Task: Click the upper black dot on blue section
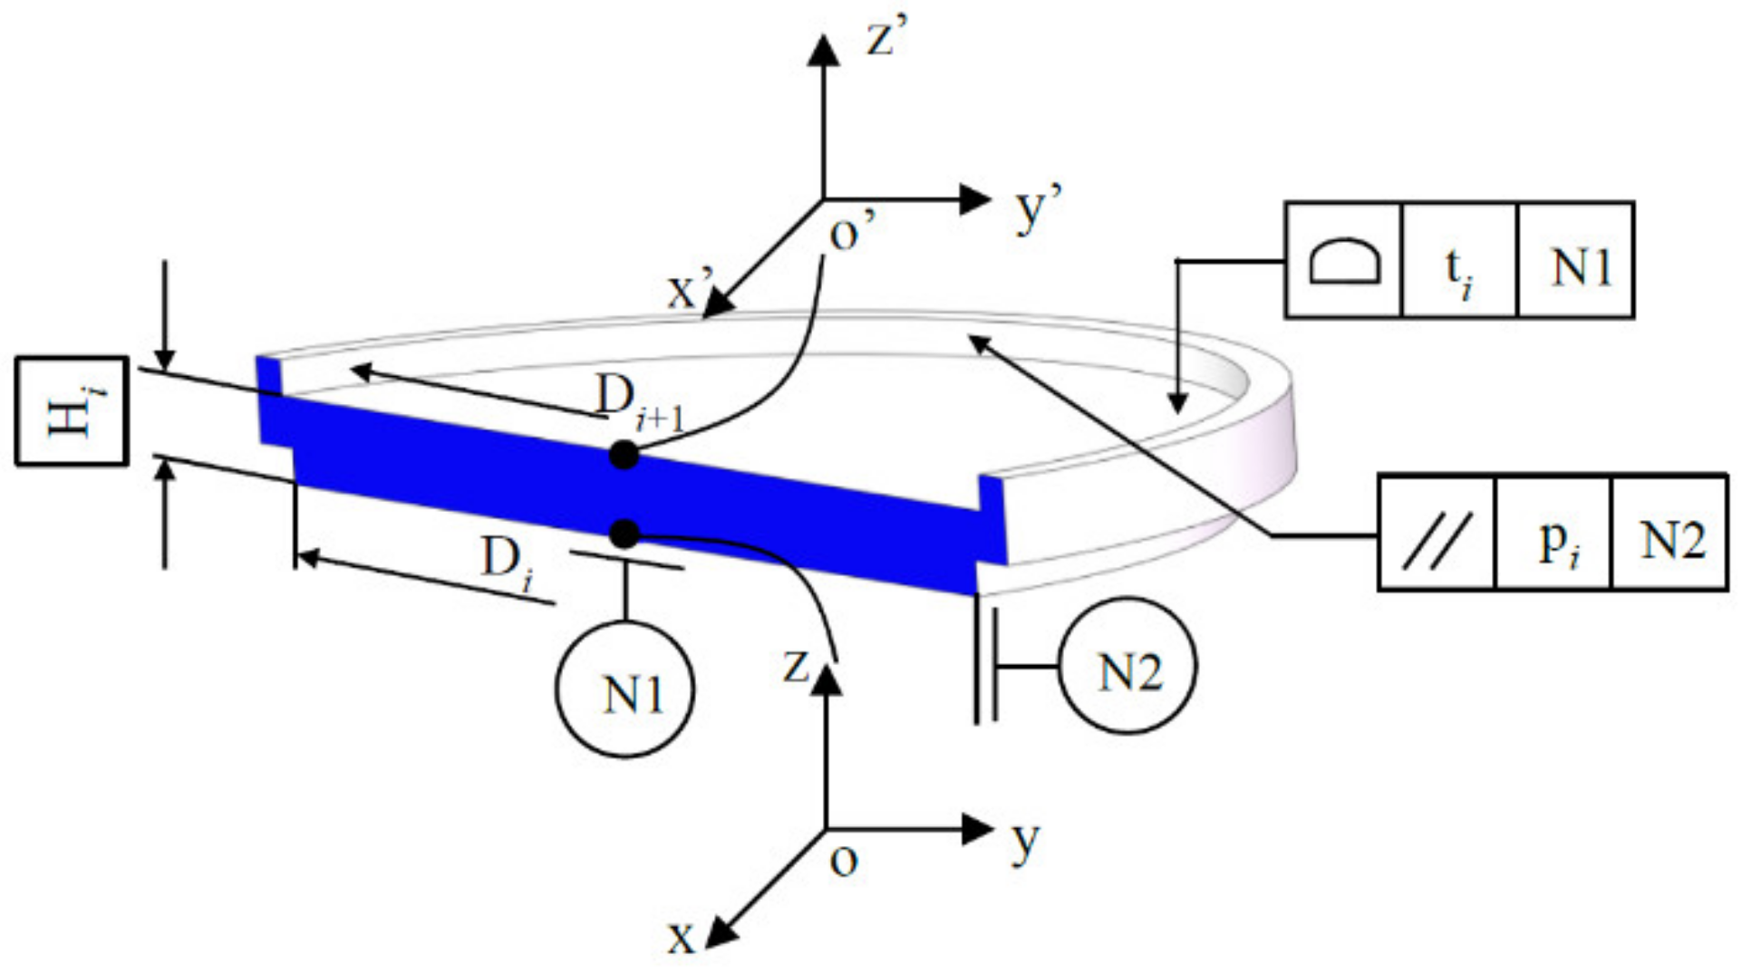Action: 624,455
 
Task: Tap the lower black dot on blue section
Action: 624,535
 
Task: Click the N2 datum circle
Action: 1127,665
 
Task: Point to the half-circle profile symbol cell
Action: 1344,260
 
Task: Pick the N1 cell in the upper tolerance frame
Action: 1576,265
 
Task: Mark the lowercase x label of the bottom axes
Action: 681,939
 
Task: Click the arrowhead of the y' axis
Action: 975,199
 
